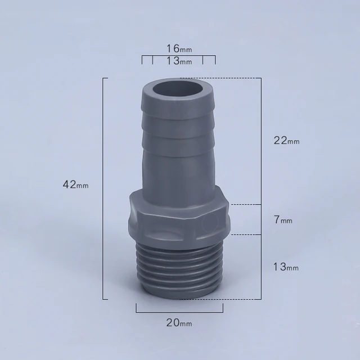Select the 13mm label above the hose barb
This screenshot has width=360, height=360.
click(x=178, y=61)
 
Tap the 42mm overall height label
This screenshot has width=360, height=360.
click(x=76, y=184)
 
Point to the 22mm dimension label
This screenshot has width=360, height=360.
click(x=286, y=141)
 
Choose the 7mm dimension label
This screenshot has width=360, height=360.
click(x=283, y=220)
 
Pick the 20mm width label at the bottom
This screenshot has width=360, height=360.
click(x=179, y=323)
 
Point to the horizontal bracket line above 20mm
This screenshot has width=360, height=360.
click(x=179, y=311)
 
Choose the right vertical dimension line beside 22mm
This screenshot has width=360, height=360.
click(x=261, y=141)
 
